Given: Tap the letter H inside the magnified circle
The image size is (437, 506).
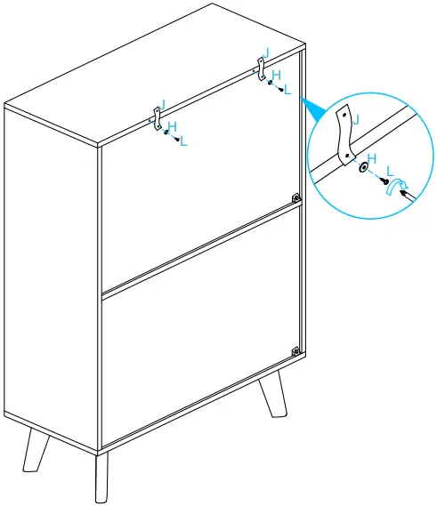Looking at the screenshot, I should coord(372,157).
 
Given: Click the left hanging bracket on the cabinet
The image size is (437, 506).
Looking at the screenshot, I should coord(155,117).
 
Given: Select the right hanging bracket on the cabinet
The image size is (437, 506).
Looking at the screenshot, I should coord(262,68).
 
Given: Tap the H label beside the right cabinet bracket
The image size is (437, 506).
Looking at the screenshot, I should coord(276,76).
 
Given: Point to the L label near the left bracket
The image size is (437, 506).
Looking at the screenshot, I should coord(184,141).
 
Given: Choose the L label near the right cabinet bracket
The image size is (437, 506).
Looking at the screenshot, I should coord(287,91).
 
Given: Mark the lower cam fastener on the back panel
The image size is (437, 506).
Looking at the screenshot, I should coord(295,353).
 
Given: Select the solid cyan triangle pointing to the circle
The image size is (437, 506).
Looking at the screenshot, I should coord(311,109).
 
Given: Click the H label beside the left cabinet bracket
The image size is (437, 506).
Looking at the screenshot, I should coord(172,126).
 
